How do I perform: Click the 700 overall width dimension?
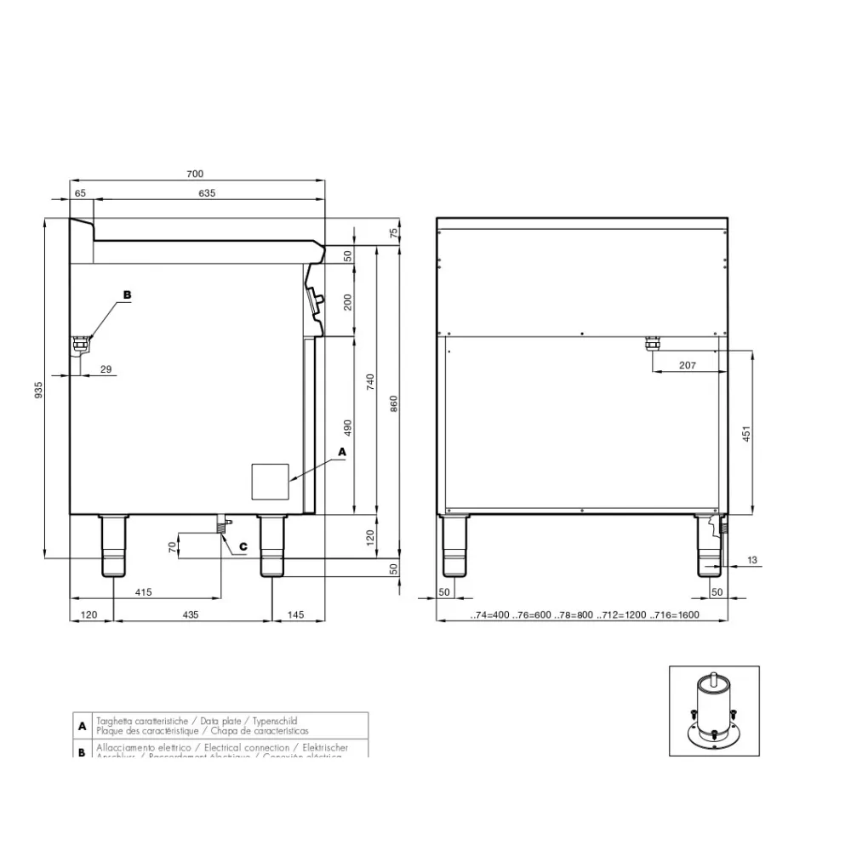point(195,174)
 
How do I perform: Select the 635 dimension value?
point(207,193)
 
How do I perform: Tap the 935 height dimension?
point(37,390)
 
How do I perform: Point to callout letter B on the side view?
point(127,294)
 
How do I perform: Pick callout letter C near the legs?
point(243,545)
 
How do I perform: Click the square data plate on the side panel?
point(270,482)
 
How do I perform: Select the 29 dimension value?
point(106,368)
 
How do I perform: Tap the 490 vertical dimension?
point(347,425)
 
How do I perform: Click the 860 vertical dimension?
point(393,403)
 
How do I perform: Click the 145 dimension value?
point(297,614)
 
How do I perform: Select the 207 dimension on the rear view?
point(688,365)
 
